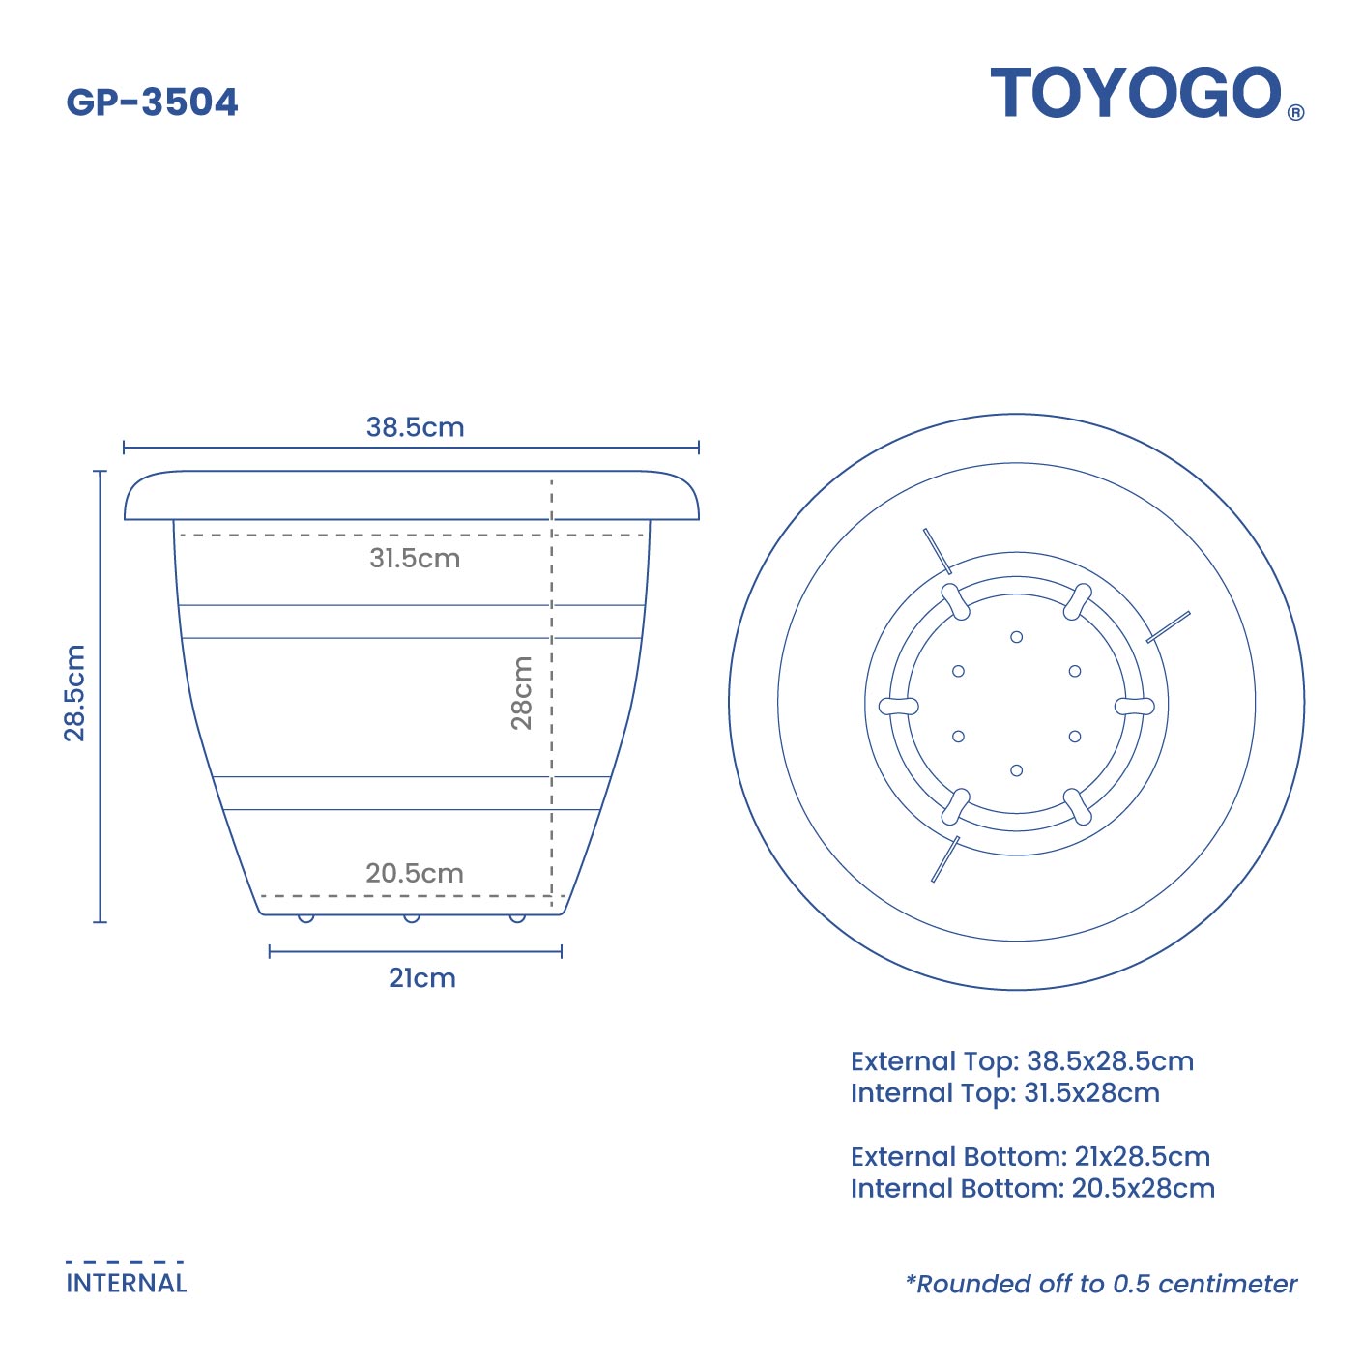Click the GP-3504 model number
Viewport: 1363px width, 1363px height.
152,102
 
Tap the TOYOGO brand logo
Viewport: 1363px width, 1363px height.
1136,94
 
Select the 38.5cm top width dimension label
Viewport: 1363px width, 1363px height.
415,427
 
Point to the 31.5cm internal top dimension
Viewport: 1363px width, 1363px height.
415,558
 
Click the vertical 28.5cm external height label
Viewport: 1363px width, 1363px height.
75,692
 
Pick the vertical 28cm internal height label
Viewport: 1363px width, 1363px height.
522,692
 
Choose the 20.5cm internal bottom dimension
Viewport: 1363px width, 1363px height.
415,873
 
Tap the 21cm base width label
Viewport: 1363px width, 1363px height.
422,978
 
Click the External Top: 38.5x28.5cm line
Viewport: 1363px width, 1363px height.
1022,1061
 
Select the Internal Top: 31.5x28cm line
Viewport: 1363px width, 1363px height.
1004,1093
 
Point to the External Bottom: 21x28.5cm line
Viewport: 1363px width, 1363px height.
1029,1157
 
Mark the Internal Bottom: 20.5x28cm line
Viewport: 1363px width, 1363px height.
1032,1189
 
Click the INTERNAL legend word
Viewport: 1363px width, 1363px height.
127,1284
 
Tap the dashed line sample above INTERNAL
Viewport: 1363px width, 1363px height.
125,1261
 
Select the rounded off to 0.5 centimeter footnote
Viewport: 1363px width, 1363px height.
1101,1284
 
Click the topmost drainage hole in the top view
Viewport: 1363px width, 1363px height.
1016,637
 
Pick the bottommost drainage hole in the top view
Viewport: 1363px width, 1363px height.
1016,770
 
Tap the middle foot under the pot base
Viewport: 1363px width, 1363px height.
412,917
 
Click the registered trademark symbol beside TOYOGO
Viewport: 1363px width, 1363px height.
1295,112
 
